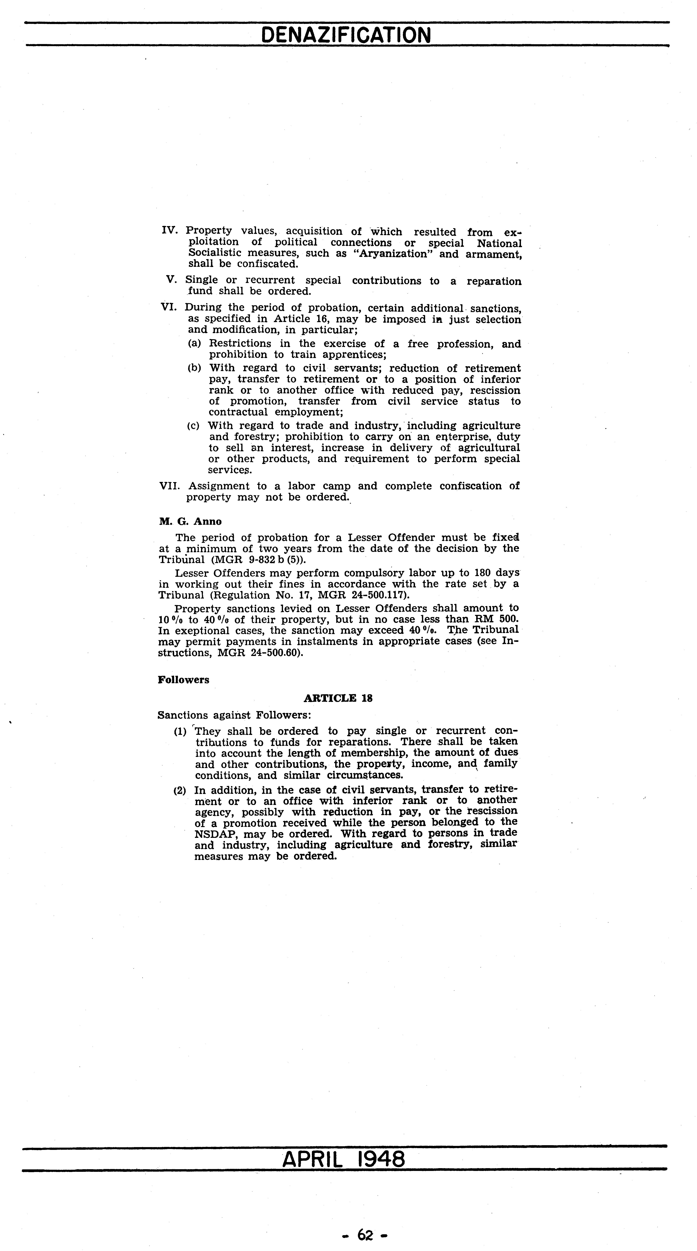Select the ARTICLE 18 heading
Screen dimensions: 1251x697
tap(338, 698)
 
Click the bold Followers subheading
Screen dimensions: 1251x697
tap(184, 679)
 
